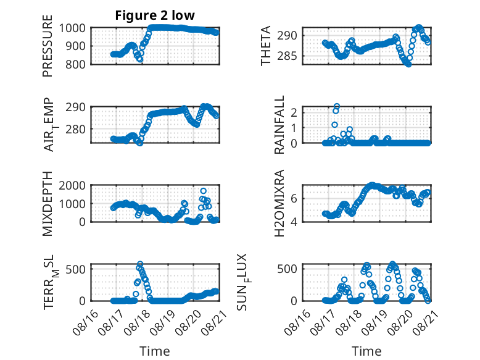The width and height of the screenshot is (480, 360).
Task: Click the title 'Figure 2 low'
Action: pos(155,15)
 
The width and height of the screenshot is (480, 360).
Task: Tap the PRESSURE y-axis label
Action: pos(48,46)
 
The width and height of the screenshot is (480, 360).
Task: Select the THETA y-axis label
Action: pos(266,46)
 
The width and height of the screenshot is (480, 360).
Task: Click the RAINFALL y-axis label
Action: pos(279,125)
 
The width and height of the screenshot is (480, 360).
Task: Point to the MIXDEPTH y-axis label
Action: pos(48,204)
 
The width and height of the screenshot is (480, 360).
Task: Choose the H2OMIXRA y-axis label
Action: pos(279,203)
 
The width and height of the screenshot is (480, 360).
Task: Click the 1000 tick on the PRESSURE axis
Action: pos(72,28)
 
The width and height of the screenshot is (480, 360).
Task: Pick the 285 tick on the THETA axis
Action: pos(288,56)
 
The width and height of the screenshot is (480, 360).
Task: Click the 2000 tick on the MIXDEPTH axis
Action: pos(72,185)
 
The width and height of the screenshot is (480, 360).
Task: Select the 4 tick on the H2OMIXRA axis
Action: pos(294,222)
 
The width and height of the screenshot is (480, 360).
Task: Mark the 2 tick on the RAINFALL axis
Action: pos(294,112)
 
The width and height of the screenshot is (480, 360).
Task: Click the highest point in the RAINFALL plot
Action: pos(337,107)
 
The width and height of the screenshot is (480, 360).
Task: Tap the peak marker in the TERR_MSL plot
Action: pos(140,264)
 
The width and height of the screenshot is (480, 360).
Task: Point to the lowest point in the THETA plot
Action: pos(408,64)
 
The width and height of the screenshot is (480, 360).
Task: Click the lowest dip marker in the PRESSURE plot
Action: pos(140,59)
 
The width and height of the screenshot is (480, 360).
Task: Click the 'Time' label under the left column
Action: pos(155,351)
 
